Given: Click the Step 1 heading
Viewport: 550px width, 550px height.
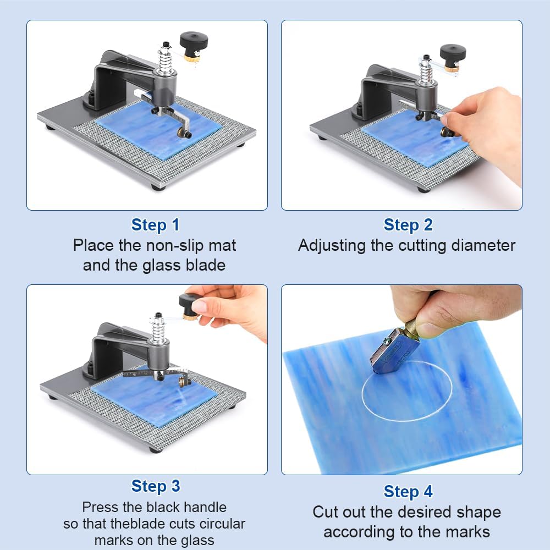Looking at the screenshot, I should point(156,225).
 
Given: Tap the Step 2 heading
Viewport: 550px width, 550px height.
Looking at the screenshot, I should point(408,225).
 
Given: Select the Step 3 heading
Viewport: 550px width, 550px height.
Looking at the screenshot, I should point(156,486).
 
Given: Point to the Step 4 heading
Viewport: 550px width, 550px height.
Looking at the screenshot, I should point(408,491).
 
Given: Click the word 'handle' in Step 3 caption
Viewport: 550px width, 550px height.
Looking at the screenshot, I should point(201,506).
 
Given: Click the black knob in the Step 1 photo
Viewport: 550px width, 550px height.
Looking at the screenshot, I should point(194,41).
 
